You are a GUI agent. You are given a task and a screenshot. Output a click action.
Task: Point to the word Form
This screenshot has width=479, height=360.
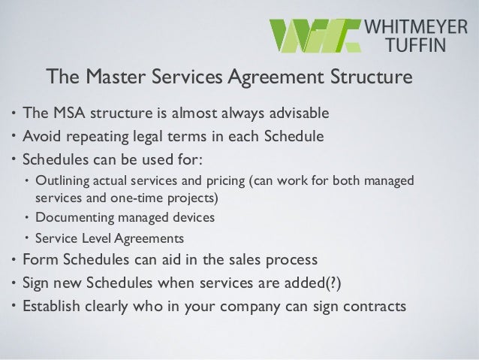pyautogui.click(x=41, y=260)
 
